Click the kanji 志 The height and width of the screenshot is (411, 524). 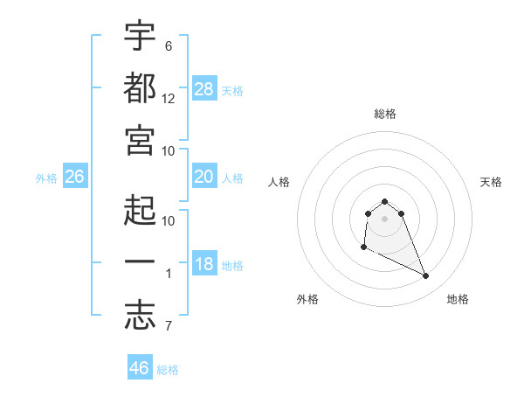point(140,315)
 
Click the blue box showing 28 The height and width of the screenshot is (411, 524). point(204,89)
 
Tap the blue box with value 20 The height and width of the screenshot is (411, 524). point(204,177)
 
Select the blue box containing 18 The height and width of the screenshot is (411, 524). point(204,264)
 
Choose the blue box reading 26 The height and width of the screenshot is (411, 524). point(74,177)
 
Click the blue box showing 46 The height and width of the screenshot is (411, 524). point(140,368)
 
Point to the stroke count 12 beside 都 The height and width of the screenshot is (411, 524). point(169,99)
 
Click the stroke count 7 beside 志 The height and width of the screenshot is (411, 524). point(169,327)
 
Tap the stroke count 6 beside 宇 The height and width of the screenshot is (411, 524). point(169,45)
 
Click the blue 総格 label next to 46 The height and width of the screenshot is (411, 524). point(168,370)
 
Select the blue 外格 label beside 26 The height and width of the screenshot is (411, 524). point(46,178)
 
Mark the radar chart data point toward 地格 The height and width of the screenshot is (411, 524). point(426,276)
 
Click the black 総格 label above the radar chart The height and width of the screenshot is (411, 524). point(385,114)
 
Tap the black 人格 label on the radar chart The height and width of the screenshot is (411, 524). point(279,182)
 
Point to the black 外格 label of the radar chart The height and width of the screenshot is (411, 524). point(307,299)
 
